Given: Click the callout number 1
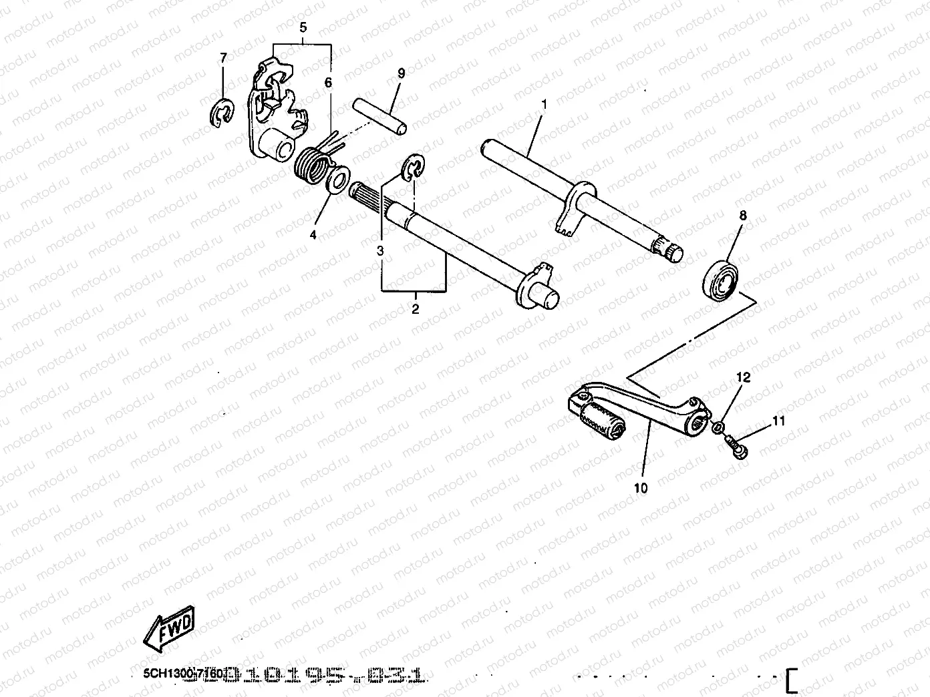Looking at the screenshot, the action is click(x=545, y=105).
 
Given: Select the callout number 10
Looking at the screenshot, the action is click(x=641, y=488).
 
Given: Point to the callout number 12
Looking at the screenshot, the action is click(x=743, y=377).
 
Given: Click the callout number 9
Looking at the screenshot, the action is click(x=401, y=73).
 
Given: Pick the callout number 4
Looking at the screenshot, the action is click(x=312, y=234).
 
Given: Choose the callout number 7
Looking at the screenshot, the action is click(x=223, y=58).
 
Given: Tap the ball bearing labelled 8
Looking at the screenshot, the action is click(x=720, y=278).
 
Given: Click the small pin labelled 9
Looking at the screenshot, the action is click(x=378, y=115).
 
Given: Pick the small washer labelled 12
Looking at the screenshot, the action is click(x=718, y=428).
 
